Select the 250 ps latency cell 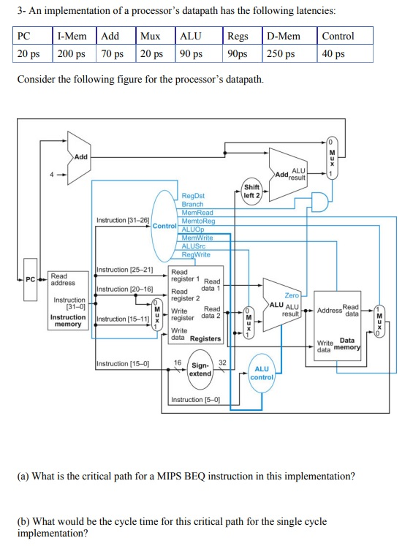pyautogui.click(x=281, y=53)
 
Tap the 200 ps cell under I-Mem pyautogui.click(x=70, y=53)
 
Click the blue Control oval pyautogui.click(x=164, y=226)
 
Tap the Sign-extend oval pyautogui.click(x=200, y=369)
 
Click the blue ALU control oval pyautogui.click(x=262, y=374)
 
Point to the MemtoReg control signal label pyautogui.click(x=197, y=221)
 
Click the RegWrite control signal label pyautogui.click(x=195, y=254)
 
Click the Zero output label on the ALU pyautogui.click(x=292, y=295)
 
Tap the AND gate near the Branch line pyautogui.click(x=319, y=202)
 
